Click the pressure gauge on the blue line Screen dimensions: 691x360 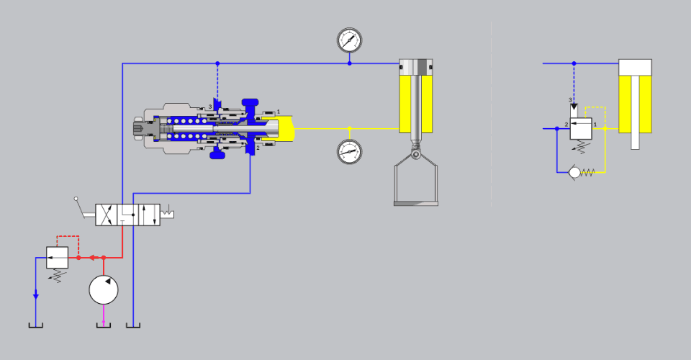(x=350, y=40)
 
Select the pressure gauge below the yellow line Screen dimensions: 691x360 (x=350, y=152)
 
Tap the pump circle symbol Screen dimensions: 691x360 (x=104, y=290)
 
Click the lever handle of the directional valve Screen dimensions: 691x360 (x=80, y=207)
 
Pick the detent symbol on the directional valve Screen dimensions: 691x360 (x=167, y=213)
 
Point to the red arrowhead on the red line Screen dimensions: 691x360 (x=92, y=258)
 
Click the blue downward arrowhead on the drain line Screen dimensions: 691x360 (x=36, y=297)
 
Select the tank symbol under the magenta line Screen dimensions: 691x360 (x=104, y=325)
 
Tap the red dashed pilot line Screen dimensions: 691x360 (x=68, y=241)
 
